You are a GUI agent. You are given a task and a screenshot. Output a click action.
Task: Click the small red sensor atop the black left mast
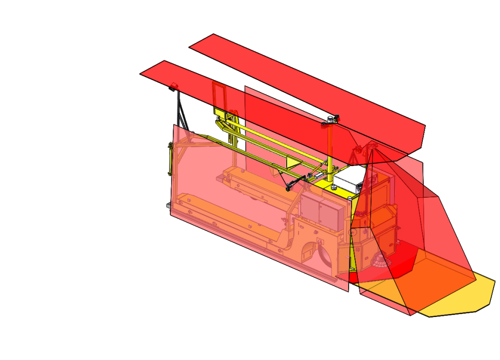(172, 87)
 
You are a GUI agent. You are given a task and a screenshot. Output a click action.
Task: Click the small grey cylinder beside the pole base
(333, 187)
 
